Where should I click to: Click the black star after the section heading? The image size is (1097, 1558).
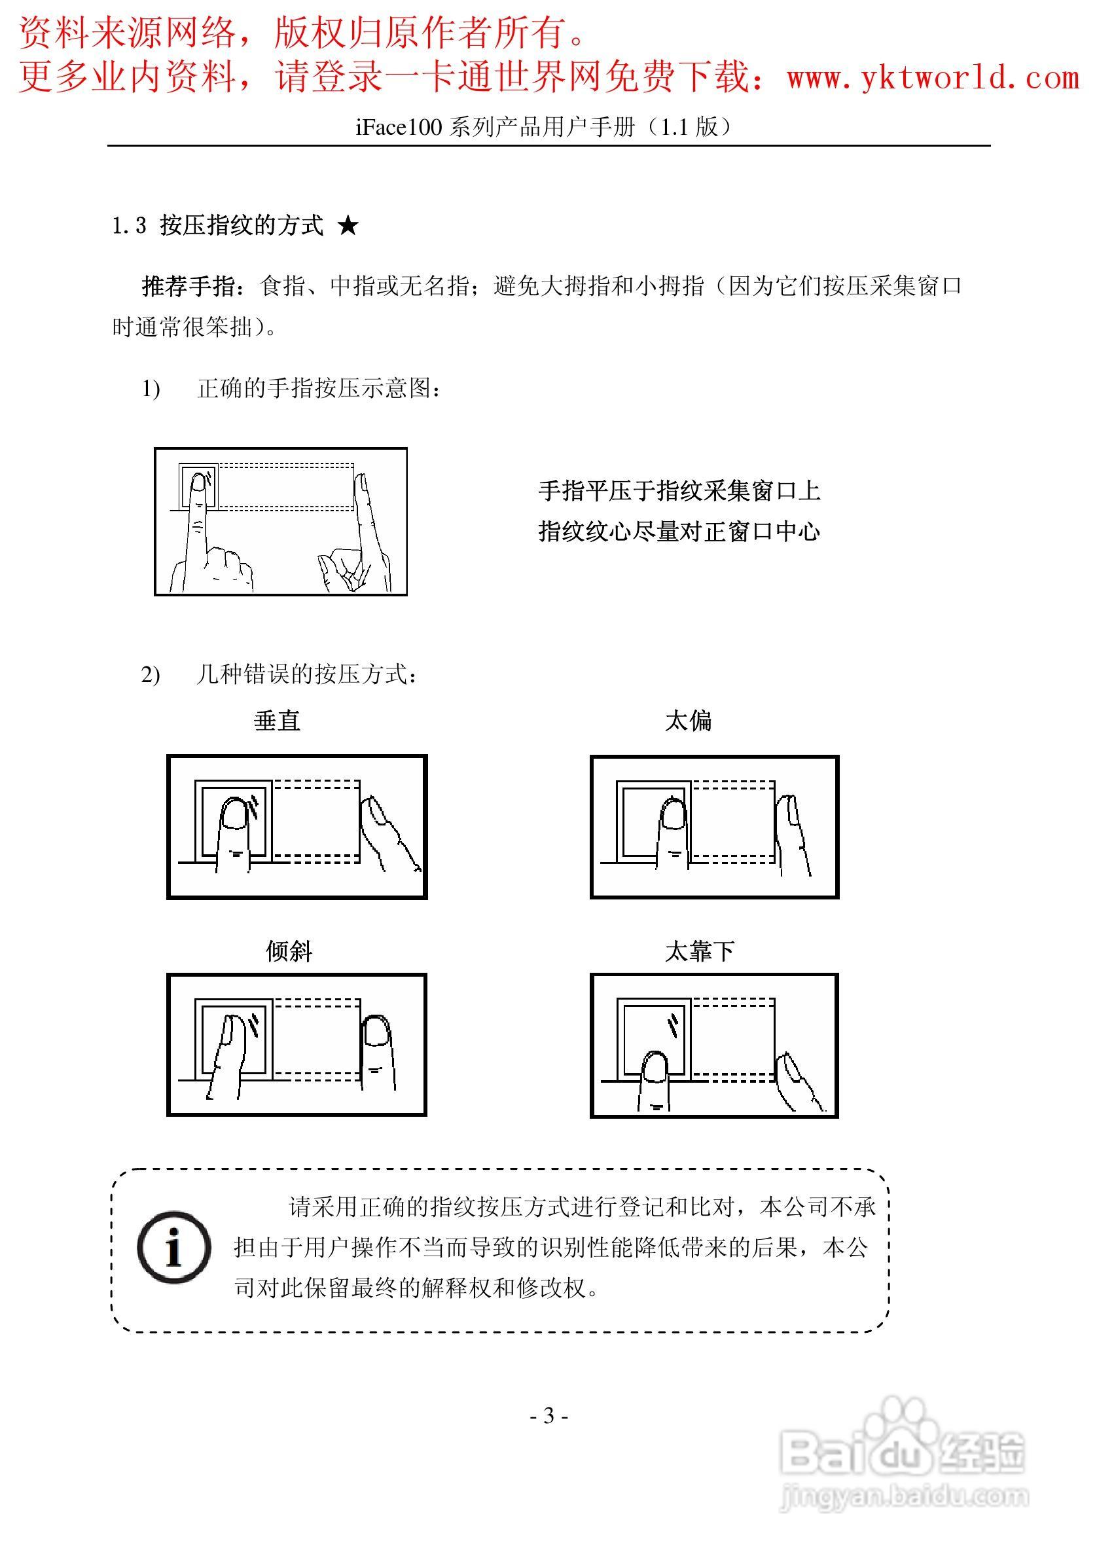(348, 226)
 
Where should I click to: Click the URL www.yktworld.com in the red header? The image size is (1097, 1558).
(932, 77)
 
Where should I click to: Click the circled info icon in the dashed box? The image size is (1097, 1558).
(173, 1247)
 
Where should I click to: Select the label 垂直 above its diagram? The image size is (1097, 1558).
(277, 721)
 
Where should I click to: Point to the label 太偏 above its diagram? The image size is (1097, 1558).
(688, 721)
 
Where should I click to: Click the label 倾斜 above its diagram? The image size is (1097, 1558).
(289, 951)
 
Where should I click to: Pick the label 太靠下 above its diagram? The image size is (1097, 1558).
(700, 951)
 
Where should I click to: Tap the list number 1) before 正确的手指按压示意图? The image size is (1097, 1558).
(151, 389)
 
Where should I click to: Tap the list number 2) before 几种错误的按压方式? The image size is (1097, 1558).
(151, 675)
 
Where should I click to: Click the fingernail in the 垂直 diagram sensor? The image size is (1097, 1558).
(234, 814)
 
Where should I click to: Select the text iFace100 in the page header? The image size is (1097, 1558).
(399, 127)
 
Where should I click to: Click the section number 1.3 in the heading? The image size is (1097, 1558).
(129, 226)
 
